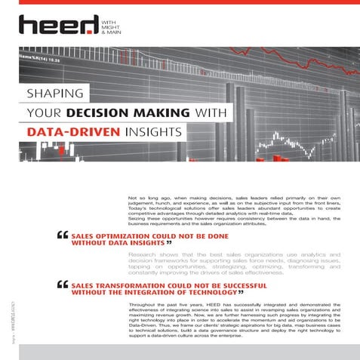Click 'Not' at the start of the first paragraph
[x=133, y=198]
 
